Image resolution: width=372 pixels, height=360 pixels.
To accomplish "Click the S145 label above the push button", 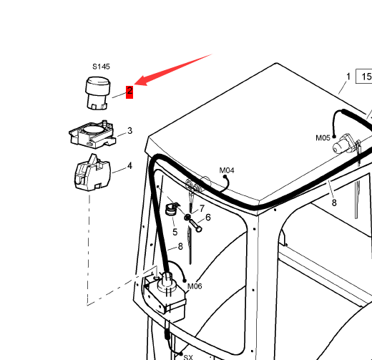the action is click(x=101, y=67).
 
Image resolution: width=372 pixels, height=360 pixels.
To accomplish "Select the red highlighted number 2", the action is click(x=129, y=92).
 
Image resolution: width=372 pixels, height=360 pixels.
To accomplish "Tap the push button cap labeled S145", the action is click(x=97, y=93).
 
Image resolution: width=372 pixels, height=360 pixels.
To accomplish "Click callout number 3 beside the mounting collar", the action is click(x=129, y=131).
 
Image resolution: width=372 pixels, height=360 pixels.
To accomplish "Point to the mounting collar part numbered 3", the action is click(x=93, y=135).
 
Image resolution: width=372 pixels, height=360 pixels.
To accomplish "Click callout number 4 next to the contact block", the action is click(x=129, y=166).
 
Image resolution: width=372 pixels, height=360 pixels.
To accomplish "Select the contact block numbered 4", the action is click(x=92, y=172).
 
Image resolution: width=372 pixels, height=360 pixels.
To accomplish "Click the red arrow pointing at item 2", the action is click(x=172, y=69).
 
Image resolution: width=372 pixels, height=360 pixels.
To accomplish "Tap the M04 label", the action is click(x=227, y=170).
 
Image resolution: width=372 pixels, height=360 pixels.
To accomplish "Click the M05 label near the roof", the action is click(x=323, y=138).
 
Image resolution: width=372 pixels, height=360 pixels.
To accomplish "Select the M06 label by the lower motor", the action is click(x=195, y=286).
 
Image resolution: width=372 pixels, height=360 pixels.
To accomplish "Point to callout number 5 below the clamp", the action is click(x=175, y=232).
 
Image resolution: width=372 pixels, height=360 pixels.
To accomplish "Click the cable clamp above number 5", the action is click(x=172, y=209).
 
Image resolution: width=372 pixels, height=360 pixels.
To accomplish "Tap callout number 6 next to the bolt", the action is click(x=208, y=218).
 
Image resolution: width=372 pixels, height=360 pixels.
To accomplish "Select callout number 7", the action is click(x=202, y=208).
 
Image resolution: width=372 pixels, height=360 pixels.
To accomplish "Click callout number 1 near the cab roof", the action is click(x=348, y=77).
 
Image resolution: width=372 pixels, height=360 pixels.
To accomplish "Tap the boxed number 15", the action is click(x=364, y=77).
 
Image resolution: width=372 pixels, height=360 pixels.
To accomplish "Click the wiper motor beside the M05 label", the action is click(x=343, y=144).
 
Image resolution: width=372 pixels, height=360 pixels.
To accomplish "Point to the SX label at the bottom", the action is click(x=188, y=357).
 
